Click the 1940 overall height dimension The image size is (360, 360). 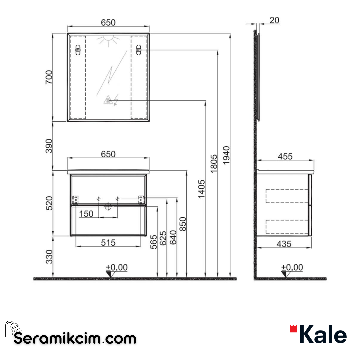[226, 155]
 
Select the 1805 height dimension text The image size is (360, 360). [214, 163]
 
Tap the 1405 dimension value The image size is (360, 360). [201, 189]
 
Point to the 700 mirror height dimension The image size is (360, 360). [49, 77]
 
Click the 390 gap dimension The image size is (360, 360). [49, 146]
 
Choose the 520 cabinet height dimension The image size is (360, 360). [49, 203]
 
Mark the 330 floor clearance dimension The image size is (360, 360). [49, 256]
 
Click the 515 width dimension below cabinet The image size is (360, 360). [108, 243]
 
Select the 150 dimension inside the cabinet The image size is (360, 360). [86, 214]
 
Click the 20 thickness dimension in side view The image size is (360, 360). [274, 20]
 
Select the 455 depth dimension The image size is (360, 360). [285, 156]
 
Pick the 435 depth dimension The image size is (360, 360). [284, 244]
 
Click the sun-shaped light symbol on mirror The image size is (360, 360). [108, 41]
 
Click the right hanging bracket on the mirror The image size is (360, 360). [139, 50]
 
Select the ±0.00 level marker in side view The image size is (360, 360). [292, 268]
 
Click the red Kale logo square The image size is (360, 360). [293, 329]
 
